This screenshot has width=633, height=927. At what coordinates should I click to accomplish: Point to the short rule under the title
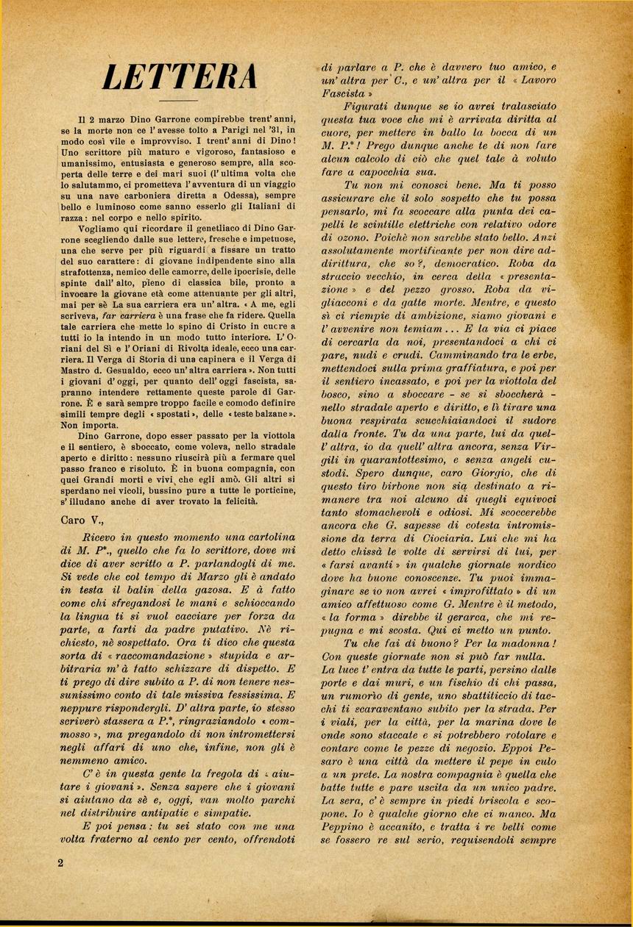(179, 100)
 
